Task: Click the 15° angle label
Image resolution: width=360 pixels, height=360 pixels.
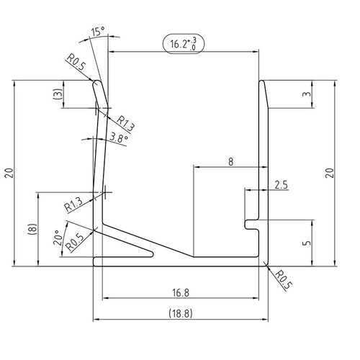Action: point(98,32)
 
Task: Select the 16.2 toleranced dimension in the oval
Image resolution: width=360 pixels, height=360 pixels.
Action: point(184,44)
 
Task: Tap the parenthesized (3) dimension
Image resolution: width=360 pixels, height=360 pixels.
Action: point(58,94)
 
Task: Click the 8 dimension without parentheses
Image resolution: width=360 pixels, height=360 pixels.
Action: point(230,162)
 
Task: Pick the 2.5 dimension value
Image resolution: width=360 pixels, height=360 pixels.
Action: point(281,185)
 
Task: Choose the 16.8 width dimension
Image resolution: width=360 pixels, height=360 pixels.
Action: point(180,292)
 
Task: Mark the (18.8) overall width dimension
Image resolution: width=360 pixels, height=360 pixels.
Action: point(180,314)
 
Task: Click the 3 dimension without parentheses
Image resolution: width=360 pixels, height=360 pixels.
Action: point(307,95)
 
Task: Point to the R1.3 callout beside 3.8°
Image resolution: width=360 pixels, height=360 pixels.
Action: point(125,122)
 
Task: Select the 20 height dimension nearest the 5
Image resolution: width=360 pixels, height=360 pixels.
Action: point(329,173)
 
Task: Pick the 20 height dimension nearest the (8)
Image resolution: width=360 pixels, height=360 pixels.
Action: point(8,173)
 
